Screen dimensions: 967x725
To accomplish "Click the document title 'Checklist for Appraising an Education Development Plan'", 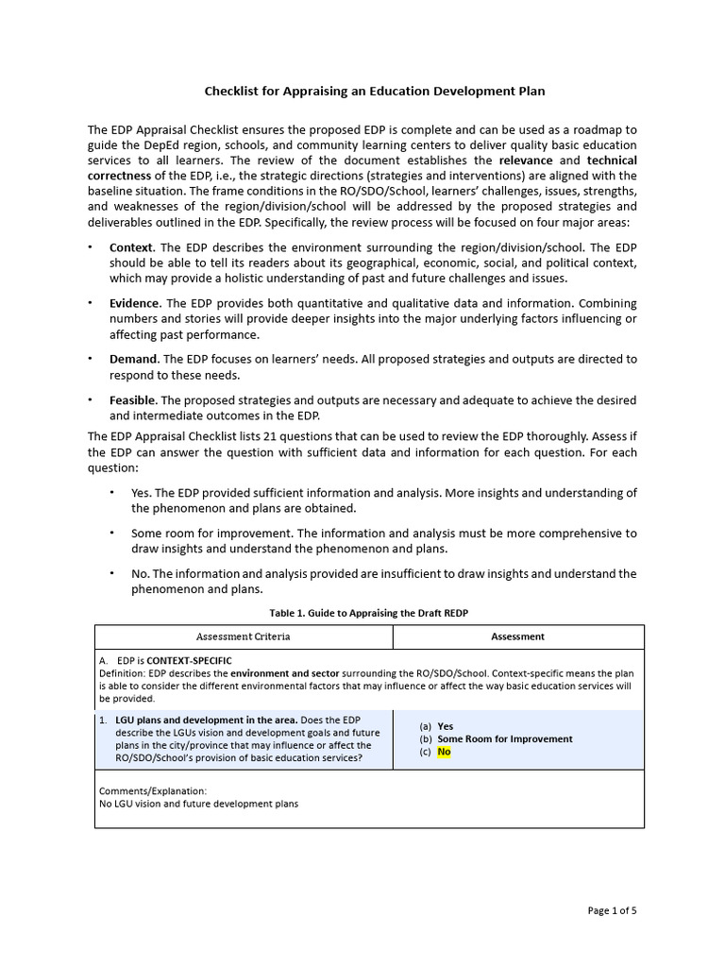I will [375, 92].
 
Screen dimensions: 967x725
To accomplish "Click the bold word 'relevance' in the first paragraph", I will [526, 161].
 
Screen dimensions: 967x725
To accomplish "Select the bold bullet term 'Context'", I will [131, 247].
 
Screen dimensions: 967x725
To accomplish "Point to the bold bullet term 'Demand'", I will [133, 359].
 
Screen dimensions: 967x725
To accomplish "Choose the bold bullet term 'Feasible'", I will [133, 400].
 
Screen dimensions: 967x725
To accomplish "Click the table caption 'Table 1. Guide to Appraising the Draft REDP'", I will [369, 613].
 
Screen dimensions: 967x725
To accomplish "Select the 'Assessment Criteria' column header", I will [243, 636].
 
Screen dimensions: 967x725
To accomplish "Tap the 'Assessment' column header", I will [517, 636].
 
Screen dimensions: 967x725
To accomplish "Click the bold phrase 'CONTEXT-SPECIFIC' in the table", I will [189, 660].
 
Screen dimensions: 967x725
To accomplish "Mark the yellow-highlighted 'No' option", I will [444, 752].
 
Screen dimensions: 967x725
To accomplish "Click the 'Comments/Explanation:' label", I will [152, 790].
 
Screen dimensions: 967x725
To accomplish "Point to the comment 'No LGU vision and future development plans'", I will [198, 804].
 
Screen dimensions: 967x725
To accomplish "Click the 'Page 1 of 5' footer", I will [612, 910].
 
